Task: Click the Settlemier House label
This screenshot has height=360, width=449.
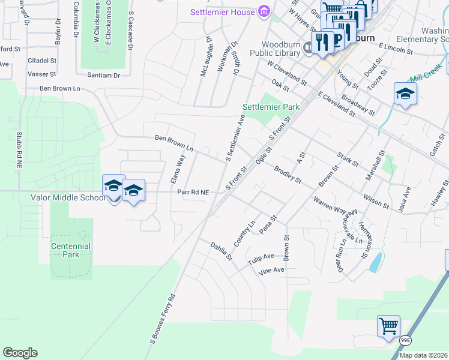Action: coord(223,12)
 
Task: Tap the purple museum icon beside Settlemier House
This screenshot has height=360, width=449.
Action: coord(263,11)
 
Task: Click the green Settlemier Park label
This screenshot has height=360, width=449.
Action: coord(271,107)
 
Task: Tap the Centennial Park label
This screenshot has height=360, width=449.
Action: coord(71,250)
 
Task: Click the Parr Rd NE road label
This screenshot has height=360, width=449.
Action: coord(193,192)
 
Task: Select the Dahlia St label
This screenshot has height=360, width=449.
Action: coord(220,251)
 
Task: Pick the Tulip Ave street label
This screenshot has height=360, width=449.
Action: coord(261,256)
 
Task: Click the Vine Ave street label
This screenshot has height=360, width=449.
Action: coord(271,270)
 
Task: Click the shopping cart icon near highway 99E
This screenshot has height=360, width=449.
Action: coord(388,326)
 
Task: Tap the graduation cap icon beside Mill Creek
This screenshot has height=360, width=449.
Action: coord(405,94)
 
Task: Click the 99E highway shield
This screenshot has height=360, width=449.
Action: coord(406,340)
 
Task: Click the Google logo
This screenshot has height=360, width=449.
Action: coord(20,353)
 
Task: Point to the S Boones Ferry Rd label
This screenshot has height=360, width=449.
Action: coord(162,319)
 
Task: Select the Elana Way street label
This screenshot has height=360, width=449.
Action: coord(178,169)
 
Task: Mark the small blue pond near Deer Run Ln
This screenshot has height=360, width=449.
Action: coord(376,262)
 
